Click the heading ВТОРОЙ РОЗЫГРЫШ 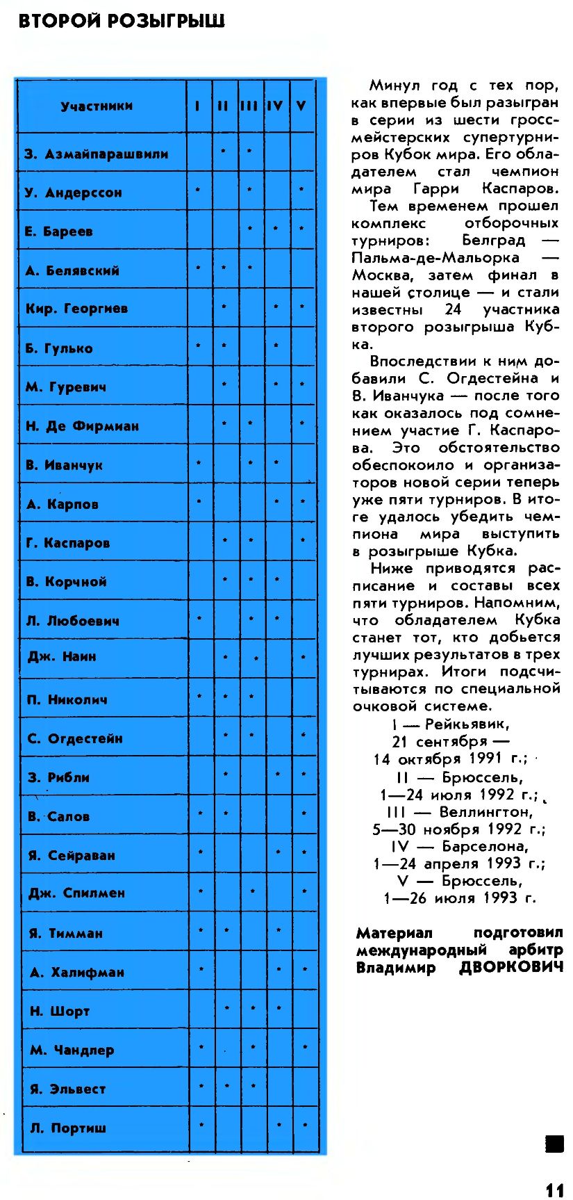pyautogui.click(x=122, y=22)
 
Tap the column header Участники pyautogui.click(x=97, y=106)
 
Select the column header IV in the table pyautogui.click(x=275, y=106)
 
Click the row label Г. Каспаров pyautogui.click(x=67, y=543)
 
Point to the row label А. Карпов pyautogui.click(x=62, y=504)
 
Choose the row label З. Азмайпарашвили pyautogui.click(x=97, y=154)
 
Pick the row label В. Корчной pyautogui.click(x=66, y=582)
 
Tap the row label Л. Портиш pyautogui.click(x=68, y=1128)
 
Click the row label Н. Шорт pyautogui.click(x=60, y=1011)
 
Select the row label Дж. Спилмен pyautogui.click(x=76, y=893)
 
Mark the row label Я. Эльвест pyautogui.click(x=67, y=1089)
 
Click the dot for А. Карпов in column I pyautogui.click(x=199, y=500)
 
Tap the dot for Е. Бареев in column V pyautogui.click(x=301, y=228)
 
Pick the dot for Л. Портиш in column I pyautogui.click(x=201, y=1124)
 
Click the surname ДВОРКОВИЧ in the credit pyautogui.click(x=511, y=968)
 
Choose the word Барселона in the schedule pyautogui.click(x=485, y=846)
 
